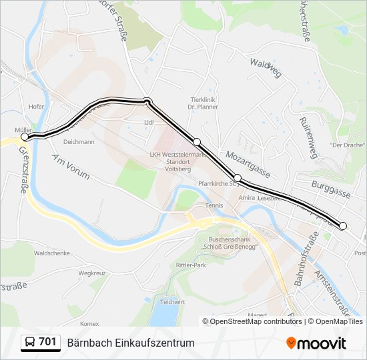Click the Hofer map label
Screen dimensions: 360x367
(36, 107)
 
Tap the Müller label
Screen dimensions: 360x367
(23, 129)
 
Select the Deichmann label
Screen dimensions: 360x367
(79, 142)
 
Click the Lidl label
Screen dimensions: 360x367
(149, 123)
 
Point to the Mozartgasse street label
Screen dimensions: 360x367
(247, 163)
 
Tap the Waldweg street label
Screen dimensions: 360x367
(266, 67)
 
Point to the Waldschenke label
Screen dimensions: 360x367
(52, 253)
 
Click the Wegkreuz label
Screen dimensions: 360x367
(93, 273)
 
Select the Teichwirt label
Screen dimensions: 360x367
(172, 302)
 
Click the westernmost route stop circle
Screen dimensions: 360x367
(25, 136)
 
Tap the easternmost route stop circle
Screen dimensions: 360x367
(343, 226)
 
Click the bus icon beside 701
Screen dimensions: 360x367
(30, 343)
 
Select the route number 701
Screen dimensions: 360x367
(47, 342)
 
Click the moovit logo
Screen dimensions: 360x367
(316, 343)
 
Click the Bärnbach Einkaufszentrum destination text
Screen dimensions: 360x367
(131, 343)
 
